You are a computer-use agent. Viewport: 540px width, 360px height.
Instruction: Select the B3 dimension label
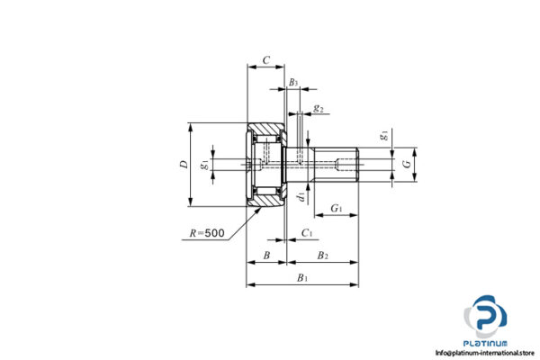pyautogui.click(x=293, y=83)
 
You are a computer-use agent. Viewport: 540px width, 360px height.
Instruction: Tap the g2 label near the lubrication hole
pyautogui.click(x=319, y=109)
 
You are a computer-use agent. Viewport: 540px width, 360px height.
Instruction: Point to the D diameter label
pyautogui.click(x=183, y=164)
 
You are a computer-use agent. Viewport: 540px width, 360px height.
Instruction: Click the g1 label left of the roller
pyautogui.click(x=206, y=164)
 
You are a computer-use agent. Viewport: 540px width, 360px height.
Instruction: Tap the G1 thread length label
pyautogui.click(x=336, y=209)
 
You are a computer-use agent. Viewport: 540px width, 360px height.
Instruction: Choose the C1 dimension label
pyautogui.click(x=307, y=233)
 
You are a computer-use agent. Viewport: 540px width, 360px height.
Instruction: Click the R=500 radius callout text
pyautogui.click(x=206, y=234)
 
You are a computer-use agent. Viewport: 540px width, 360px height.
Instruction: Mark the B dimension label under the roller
pyautogui.click(x=265, y=256)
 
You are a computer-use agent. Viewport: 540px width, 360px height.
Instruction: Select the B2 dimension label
pyautogui.click(x=321, y=256)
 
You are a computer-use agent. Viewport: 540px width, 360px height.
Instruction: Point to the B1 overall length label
pyautogui.click(x=302, y=278)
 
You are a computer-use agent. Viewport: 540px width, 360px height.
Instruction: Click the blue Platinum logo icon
pyautogui.click(x=486, y=317)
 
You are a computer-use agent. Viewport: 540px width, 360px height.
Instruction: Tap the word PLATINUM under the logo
pyautogui.click(x=486, y=343)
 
